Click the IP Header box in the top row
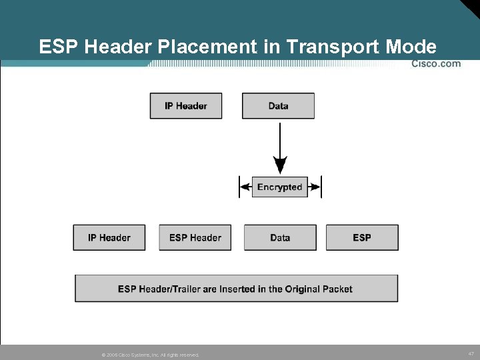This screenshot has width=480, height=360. click(x=185, y=106)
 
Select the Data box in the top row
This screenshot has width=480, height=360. click(x=278, y=106)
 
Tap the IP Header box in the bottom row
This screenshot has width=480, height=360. click(x=109, y=237)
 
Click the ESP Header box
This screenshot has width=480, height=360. click(x=195, y=237)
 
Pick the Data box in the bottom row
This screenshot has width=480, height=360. click(x=280, y=237)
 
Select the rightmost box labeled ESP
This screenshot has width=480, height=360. click(x=362, y=237)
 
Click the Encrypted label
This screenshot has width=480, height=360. click(x=280, y=187)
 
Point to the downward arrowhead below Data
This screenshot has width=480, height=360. click(x=281, y=165)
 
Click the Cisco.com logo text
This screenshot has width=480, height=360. click(x=435, y=64)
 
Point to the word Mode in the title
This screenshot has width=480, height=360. click(x=413, y=47)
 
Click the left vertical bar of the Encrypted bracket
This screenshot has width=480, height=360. click(x=239, y=187)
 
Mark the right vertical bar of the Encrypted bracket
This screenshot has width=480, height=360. click(x=321, y=187)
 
